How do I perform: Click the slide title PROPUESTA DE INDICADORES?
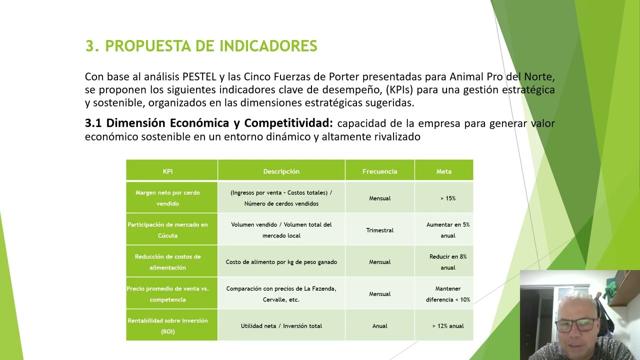pyautogui.click(x=201, y=46)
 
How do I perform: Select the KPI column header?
pyautogui.click(x=167, y=171)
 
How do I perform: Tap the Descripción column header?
pyautogui.click(x=281, y=171)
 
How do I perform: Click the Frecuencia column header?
pyautogui.click(x=379, y=171)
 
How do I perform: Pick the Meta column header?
pyautogui.click(x=443, y=171)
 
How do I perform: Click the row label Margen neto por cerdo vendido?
pyautogui.click(x=167, y=198)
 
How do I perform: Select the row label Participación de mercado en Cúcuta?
pyautogui.click(x=167, y=230)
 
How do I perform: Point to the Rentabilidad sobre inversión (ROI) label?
pyautogui.click(x=167, y=326)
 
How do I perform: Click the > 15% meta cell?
pyautogui.click(x=447, y=198)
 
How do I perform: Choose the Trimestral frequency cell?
pyautogui.click(x=379, y=230)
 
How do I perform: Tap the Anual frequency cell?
pyautogui.click(x=379, y=326)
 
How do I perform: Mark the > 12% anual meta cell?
pyautogui.click(x=447, y=326)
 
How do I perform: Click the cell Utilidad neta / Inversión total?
pyautogui.click(x=281, y=326)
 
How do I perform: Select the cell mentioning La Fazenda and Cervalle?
pyautogui.click(x=281, y=294)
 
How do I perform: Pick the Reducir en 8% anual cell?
pyautogui.click(x=447, y=262)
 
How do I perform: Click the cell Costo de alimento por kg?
pyautogui.click(x=281, y=262)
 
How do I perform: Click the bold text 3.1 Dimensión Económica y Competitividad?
pyautogui.click(x=208, y=123)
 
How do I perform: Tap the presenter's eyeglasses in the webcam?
pyautogui.click(x=575, y=325)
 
